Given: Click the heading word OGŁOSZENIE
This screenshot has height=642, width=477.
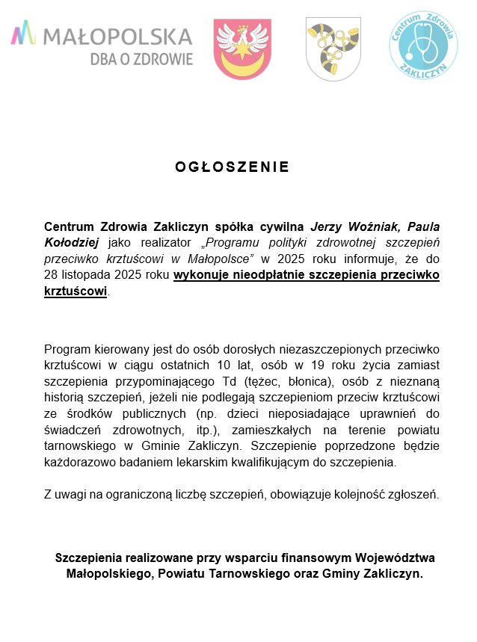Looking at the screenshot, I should (x=232, y=167).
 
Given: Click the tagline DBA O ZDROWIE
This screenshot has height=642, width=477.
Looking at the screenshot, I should (x=141, y=58).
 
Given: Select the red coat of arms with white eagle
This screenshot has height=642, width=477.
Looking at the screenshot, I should (x=242, y=49).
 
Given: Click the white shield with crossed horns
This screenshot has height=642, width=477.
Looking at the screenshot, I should (x=333, y=49).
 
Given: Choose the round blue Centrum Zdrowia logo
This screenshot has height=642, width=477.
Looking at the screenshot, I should (x=423, y=45).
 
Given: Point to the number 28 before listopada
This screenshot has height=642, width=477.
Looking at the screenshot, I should (x=52, y=275).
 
